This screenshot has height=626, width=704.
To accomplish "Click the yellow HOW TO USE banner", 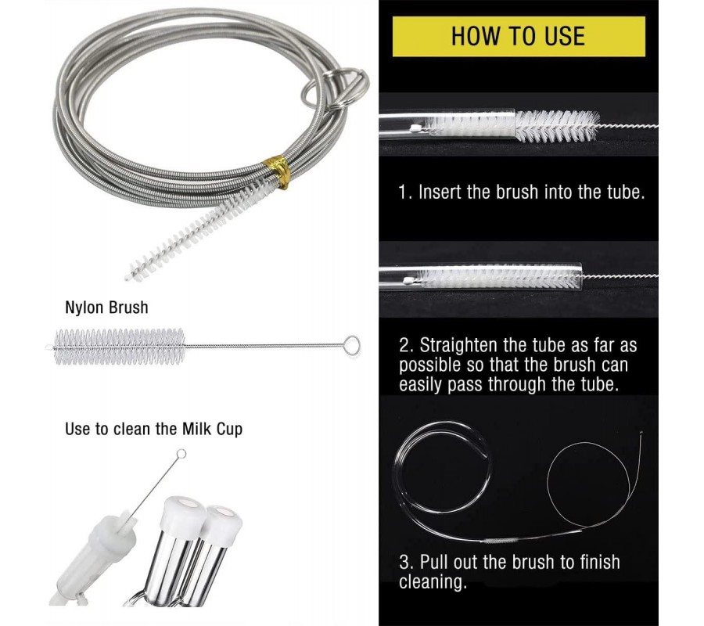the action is point(519,36).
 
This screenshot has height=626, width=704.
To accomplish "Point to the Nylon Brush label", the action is point(106,308).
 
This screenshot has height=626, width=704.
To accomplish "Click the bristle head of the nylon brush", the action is point(119,347).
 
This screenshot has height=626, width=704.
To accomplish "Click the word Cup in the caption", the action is point(229,430).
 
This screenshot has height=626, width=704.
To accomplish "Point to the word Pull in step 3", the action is point(435,563).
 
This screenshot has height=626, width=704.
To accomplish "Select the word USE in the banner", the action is point(565,36).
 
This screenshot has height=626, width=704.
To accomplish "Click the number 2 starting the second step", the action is point(404,346).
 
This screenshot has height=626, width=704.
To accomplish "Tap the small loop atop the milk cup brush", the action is point(181,454).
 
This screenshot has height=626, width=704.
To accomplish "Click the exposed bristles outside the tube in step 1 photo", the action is point(557,125).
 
